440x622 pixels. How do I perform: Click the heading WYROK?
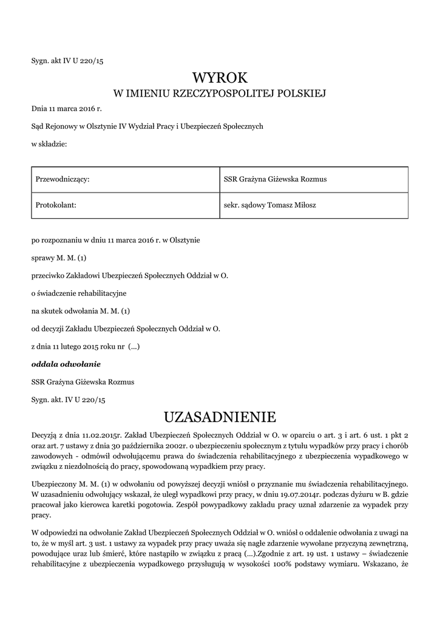point(220,78)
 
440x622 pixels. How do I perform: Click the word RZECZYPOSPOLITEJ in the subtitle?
point(225,94)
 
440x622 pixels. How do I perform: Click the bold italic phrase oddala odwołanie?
point(66,364)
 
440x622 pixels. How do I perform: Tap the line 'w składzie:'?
point(49,144)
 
